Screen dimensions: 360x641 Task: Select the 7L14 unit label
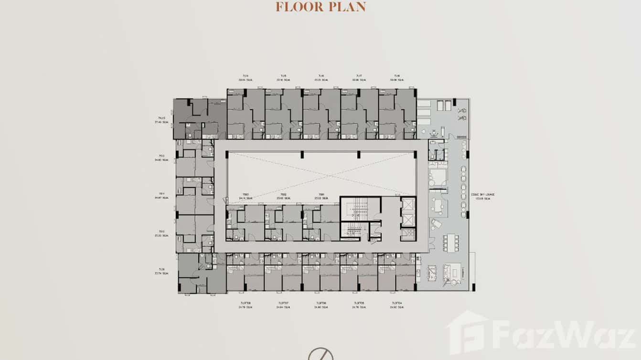point(246,75)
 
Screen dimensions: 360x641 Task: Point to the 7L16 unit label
point(321,75)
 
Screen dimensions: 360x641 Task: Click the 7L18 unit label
point(396,75)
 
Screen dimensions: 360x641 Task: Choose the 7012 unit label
point(162,156)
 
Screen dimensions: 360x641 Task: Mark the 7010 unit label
point(162,232)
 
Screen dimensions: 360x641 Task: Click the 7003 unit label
point(245,194)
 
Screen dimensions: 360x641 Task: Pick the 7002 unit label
point(283,194)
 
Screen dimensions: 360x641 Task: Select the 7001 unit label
point(321,194)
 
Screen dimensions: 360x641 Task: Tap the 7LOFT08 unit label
point(246,303)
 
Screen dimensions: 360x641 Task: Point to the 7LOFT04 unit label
point(396,303)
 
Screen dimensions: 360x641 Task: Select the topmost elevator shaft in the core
point(409,204)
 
